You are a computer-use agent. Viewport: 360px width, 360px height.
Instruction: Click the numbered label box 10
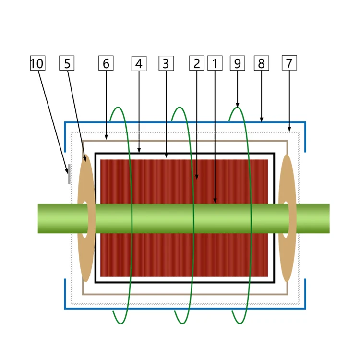(37, 63)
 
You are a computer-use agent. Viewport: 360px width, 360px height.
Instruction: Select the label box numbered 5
(67, 63)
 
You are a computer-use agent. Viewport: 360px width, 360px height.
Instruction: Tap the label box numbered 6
(106, 63)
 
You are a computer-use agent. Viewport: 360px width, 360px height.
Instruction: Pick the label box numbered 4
(139, 63)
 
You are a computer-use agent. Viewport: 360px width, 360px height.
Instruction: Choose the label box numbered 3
(166, 63)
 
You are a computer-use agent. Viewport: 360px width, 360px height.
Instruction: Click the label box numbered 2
(196, 63)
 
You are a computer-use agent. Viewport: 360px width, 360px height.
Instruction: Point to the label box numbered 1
(215, 63)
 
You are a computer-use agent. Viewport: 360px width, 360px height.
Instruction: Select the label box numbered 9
(238, 63)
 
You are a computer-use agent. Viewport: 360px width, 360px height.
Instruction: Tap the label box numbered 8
(262, 63)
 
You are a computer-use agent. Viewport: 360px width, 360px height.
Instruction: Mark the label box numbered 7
(289, 63)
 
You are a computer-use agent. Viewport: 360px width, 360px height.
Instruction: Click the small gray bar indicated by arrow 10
(69, 174)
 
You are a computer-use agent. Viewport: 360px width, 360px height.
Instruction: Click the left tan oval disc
(86, 218)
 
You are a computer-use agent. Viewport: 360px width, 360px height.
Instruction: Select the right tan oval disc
(287, 218)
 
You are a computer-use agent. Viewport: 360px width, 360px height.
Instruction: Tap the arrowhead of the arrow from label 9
(238, 106)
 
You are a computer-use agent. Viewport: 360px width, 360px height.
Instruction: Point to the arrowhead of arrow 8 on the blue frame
(262, 120)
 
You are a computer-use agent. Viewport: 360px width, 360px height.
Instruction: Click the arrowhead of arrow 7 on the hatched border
(289, 130)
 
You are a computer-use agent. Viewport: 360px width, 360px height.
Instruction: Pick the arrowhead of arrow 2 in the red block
(196, 177)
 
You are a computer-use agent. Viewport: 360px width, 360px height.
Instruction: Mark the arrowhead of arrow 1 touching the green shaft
(215, 201)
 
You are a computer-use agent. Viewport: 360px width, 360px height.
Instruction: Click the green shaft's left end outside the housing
(38, 218)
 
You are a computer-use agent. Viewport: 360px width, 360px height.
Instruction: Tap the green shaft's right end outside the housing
(329, 218)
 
